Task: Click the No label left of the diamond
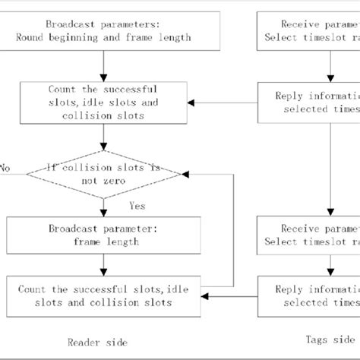[x=6, y=168]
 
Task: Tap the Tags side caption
[x=335, y=339]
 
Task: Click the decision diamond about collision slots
[x=104, y=174]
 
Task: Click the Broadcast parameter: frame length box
[x=103, y=235]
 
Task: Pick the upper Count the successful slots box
[x=103, y=103]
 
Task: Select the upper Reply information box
[x=308, y=103]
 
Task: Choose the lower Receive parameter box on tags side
[x=308, y=235]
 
